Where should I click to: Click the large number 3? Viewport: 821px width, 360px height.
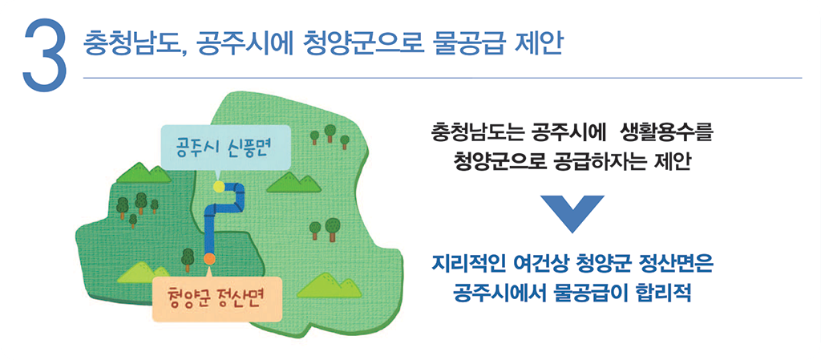coord(45,55)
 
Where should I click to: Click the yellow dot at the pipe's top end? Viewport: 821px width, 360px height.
coord(218,186)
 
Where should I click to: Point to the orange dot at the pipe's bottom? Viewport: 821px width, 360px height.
coord(209,258)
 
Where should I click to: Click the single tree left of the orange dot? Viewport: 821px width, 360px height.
coord(188,257)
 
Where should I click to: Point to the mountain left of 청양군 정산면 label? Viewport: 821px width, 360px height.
coord(134,273)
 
